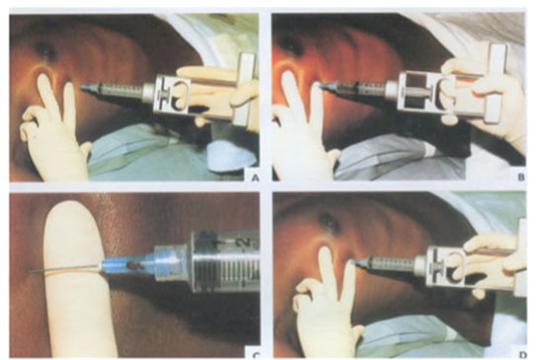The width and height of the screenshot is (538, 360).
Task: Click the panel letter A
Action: pos(255,178)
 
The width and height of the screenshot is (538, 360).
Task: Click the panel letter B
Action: pos(521,177)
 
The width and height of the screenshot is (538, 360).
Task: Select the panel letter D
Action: pos(522,354)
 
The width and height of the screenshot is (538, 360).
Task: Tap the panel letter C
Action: pos(256,355)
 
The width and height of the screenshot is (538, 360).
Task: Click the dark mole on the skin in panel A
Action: pos(45,52)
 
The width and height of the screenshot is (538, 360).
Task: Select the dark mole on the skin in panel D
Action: pos(329,223)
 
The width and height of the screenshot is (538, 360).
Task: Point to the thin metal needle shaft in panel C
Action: pos(65,268)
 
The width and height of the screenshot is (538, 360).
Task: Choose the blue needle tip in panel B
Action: pos(325,86)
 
